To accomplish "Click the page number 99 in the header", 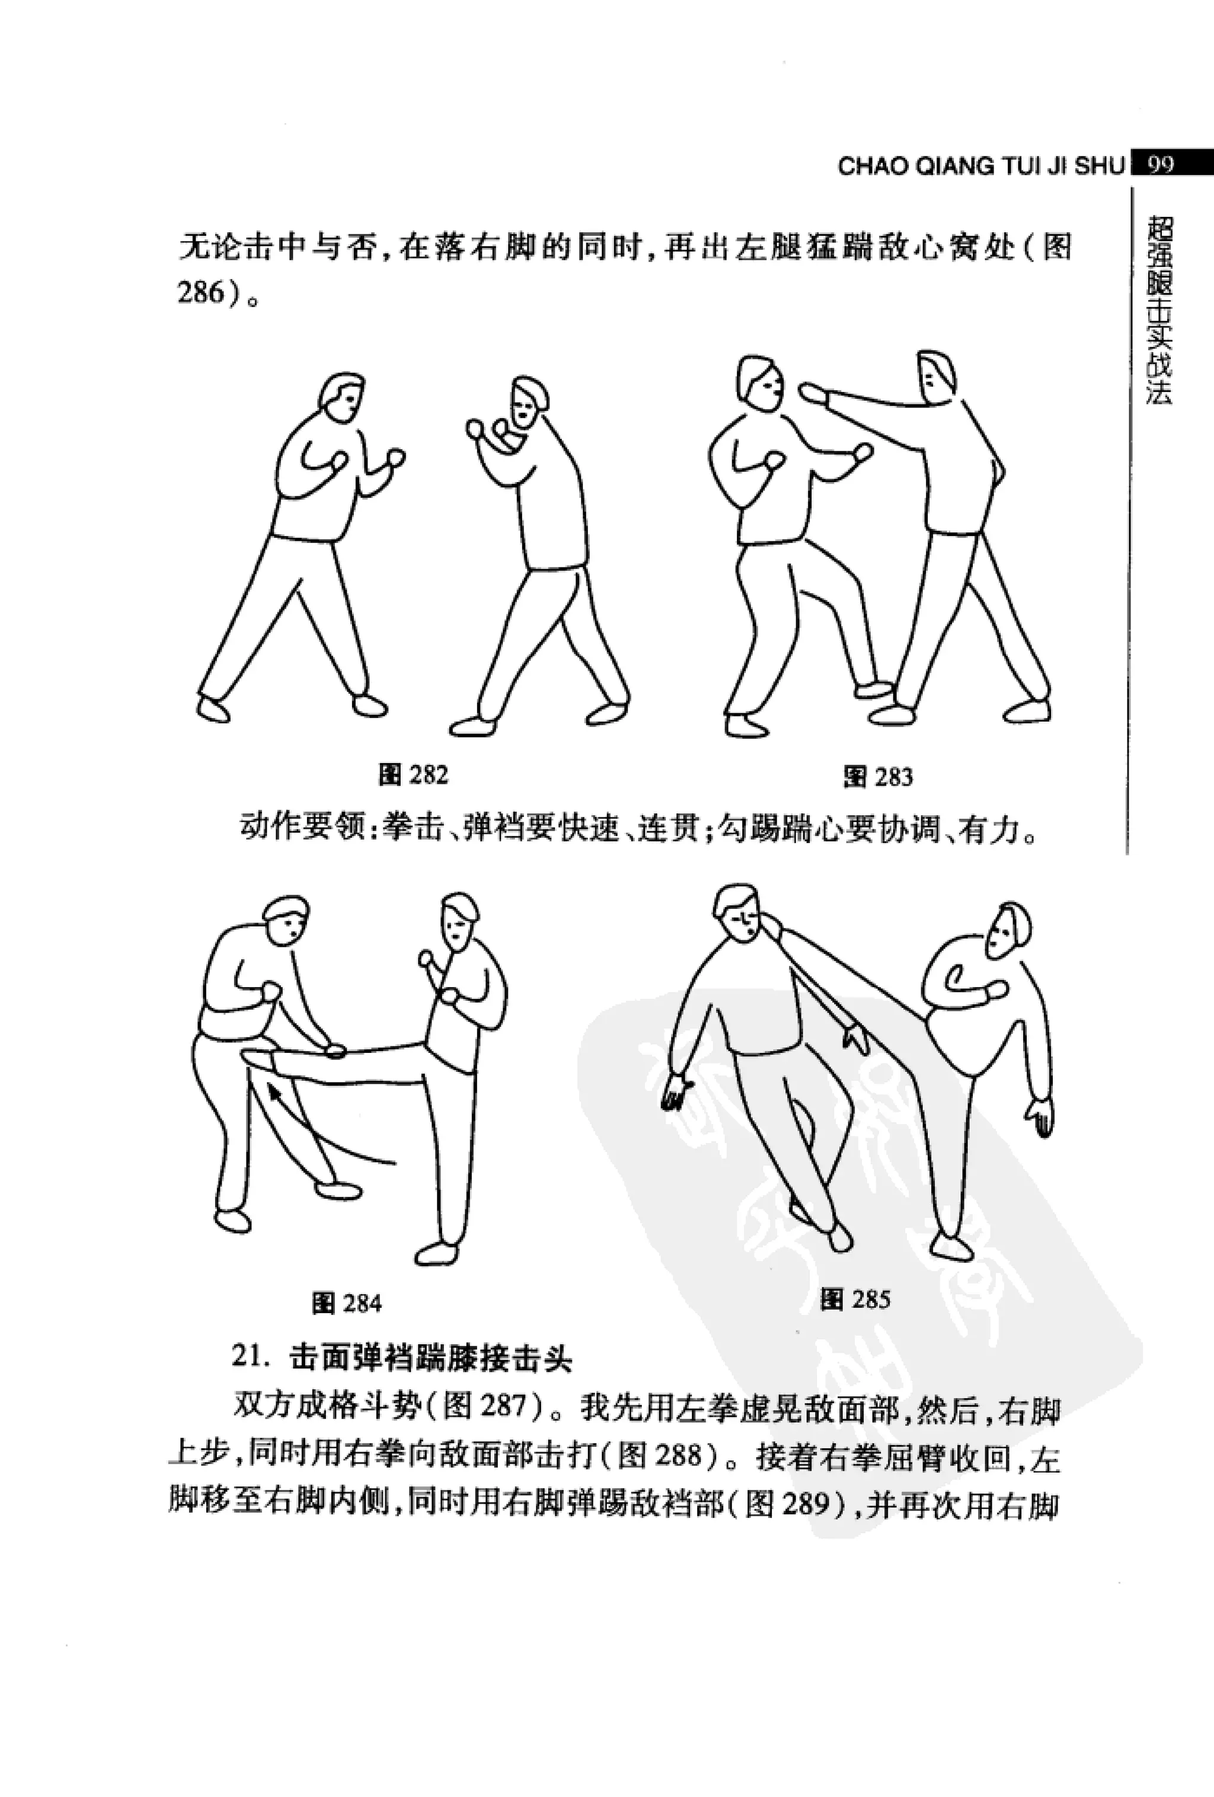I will point(1161,165).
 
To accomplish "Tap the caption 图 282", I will point(414,775).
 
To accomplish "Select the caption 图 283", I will point(878,776).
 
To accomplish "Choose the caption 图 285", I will point(855,1298).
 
